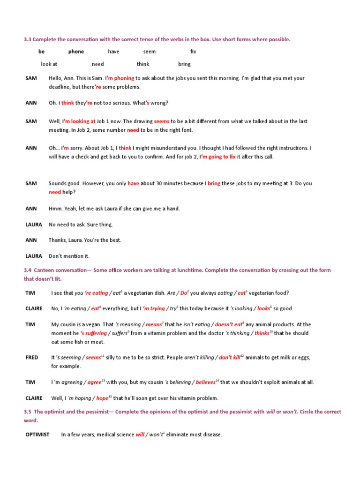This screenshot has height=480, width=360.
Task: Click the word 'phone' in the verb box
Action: (x=76, y=52)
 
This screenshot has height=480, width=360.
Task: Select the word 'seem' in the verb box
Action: (x=149, y=52)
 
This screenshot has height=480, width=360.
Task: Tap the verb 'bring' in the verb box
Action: (x=184, y=64)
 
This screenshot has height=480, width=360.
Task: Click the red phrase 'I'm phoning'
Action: (x=120, y=78)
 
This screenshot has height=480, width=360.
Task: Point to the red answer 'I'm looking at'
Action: (x=79, y=121)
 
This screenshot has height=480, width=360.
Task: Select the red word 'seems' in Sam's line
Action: (x=161, y=121)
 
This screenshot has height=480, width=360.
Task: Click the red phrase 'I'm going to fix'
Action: (x=217, y=157)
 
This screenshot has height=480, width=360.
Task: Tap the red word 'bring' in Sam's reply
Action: (x=214, y=184)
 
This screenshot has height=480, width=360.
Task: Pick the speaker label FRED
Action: (x=32, y=358)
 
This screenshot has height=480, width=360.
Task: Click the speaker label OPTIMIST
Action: (x=37, y=435)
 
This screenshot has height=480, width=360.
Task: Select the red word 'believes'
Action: (x=206, y=382)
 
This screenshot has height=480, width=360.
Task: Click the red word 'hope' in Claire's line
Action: (x=103, y=398)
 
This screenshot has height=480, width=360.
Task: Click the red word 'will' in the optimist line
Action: (x=140, y=435)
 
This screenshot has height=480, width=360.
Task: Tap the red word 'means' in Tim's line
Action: (x=154, y=324)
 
